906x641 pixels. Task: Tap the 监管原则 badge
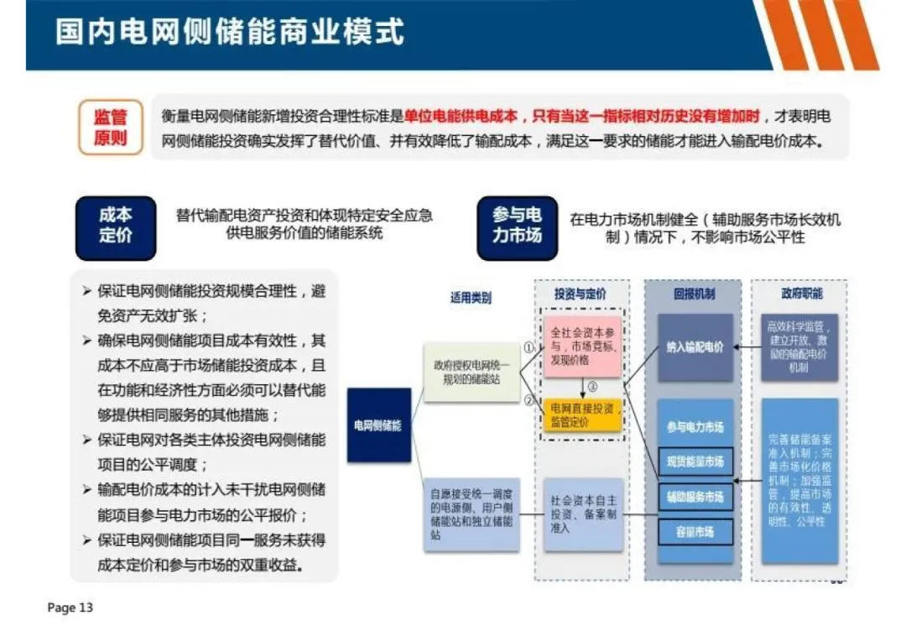pos(110,127)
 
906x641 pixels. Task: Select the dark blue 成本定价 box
pos(115,226)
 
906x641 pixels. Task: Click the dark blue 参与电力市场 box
pos(517,226)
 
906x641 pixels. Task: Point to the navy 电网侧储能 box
pos(377,425)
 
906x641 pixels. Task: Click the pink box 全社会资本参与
pos(581,346)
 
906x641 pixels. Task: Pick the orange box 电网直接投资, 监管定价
pos(581,414)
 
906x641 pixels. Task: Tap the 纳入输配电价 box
pos(695,347)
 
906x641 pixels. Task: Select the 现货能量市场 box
pos(695,461)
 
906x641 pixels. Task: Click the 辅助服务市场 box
pos(695,497)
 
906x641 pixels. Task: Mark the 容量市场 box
pos(695,532)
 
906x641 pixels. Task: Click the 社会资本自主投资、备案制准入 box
pos(583,513)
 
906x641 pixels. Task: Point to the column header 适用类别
pos(471,297)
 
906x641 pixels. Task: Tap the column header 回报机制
pos(694,294)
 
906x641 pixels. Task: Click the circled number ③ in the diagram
pos(591,387)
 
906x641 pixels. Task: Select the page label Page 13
pos(70,607)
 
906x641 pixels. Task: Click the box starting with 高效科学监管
pos(799,347)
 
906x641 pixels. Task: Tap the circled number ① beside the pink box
pos(528,346)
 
